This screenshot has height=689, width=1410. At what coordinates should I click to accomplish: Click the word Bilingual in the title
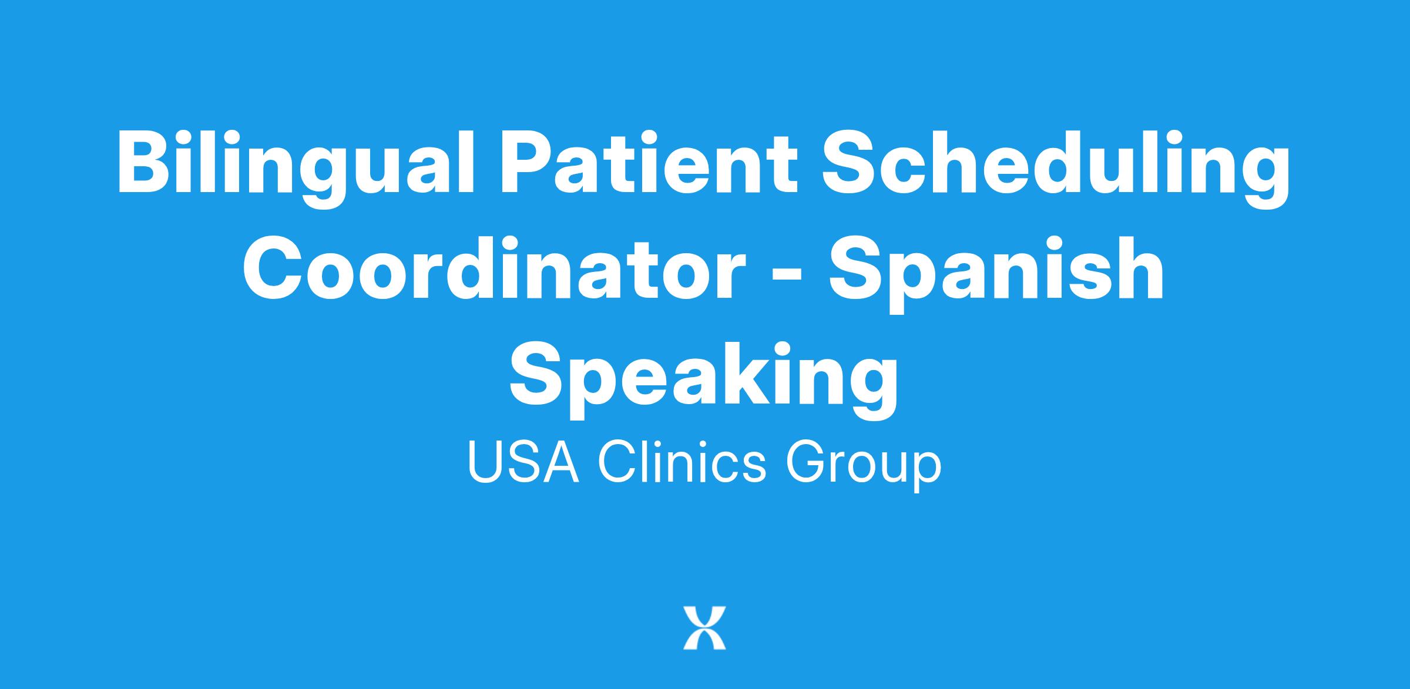(x=294, y=167)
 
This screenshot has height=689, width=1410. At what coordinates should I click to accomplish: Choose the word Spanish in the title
(x=996, y=273)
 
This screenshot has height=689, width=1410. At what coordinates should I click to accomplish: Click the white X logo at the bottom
(x=704, y=628)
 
